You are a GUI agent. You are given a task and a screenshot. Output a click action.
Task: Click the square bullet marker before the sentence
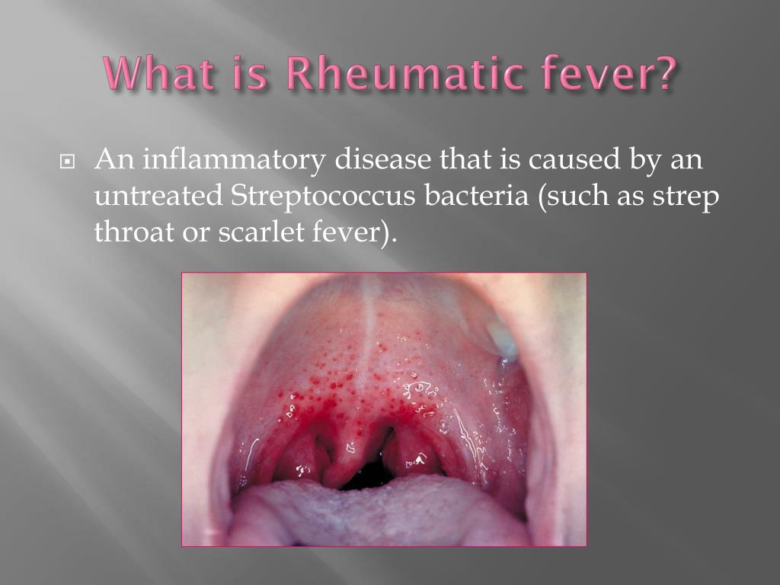coord(67,161)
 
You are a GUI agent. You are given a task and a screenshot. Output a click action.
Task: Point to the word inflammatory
coord(233,159)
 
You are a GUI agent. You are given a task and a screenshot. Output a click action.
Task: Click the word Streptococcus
coord(323,196)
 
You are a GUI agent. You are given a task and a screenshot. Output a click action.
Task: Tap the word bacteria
coord(476,196)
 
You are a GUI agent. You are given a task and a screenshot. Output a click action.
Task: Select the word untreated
coord(158,196)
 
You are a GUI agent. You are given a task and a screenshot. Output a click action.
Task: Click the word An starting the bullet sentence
coord(114,159)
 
